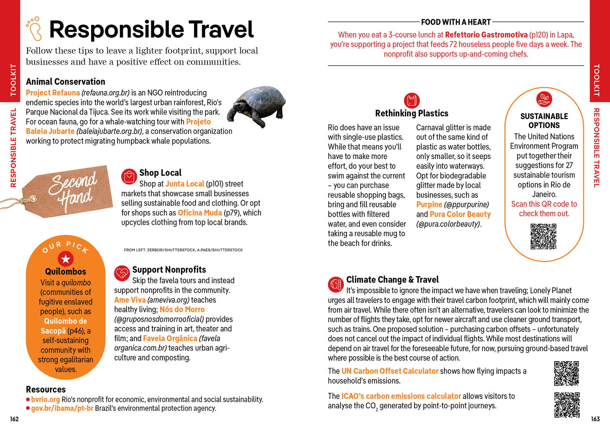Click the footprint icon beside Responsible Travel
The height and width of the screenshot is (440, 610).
[34, 28]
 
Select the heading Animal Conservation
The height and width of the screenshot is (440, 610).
[65, 82]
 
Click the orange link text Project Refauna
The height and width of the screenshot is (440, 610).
[53, 93]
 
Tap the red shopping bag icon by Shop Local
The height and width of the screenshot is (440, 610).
[129, 176]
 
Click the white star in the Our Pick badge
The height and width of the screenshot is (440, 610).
[65, 259]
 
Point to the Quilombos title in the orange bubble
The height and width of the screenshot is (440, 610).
[65, 271]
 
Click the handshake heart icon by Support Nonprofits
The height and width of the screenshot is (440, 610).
[122, 273]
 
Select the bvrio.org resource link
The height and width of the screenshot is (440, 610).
[45, 399]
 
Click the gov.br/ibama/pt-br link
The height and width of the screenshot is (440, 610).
[62, 408]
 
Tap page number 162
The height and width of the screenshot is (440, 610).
[14, 419]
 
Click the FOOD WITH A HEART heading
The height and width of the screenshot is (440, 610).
[456, 22]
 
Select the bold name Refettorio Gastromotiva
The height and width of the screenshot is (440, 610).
[486, 35]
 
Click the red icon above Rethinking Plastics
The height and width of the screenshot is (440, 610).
[412, 100]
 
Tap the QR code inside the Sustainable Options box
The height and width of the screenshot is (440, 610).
[543, 236]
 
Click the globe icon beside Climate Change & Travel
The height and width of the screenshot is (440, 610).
[336, 284]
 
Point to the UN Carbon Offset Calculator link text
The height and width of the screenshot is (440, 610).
[390, 371]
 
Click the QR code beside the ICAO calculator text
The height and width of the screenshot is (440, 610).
[566, 405]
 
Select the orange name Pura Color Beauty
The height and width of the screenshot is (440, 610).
[460, 214]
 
